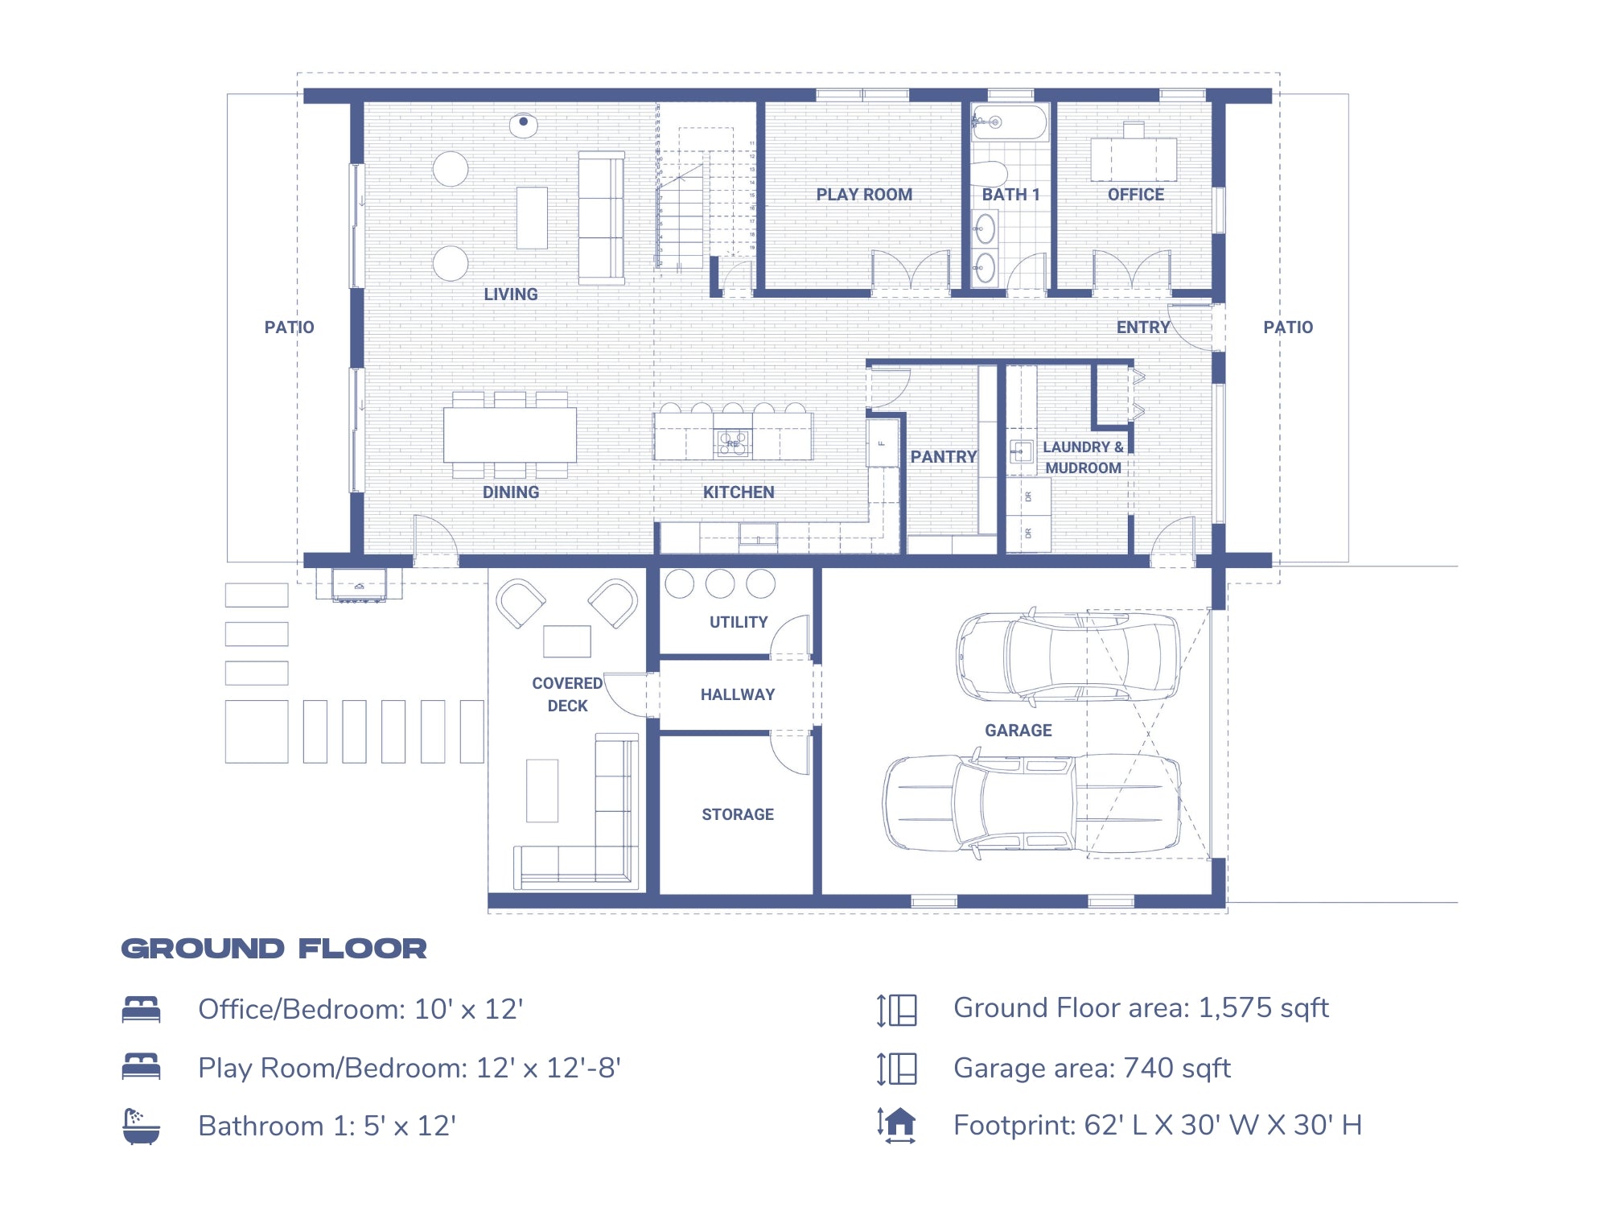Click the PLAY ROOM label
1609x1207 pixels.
864,195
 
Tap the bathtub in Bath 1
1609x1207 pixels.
1010,122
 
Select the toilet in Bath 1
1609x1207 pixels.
989,173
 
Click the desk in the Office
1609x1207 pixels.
1134,159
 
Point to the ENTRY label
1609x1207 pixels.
1142,327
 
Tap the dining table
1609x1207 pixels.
509,435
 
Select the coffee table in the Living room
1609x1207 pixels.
532,217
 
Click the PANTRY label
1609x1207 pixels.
943,457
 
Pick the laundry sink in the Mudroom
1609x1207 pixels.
1021,451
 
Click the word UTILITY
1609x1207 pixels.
738,622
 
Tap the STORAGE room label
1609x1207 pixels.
738,814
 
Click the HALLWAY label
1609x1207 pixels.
738,694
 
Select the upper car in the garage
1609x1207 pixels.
1068,656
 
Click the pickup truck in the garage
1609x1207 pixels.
1032,802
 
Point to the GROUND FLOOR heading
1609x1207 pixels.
274,949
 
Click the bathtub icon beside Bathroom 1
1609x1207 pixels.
141,1126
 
